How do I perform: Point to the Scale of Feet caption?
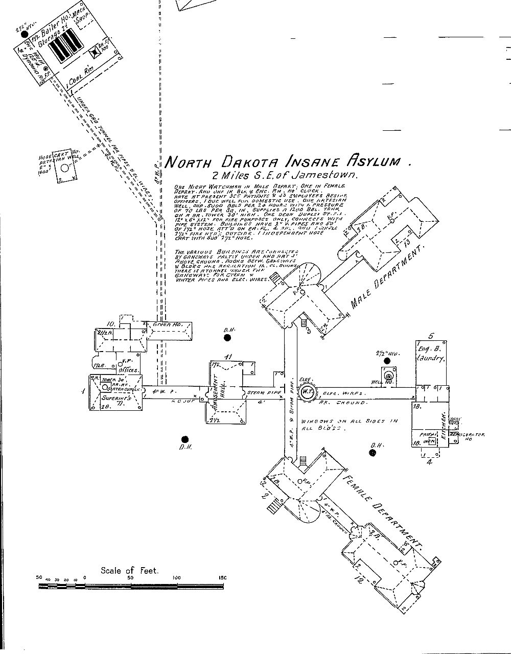click(x=130, y=570)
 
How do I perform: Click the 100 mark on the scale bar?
click(x=176, y=578)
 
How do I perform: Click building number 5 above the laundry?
click(x=430, y=336)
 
